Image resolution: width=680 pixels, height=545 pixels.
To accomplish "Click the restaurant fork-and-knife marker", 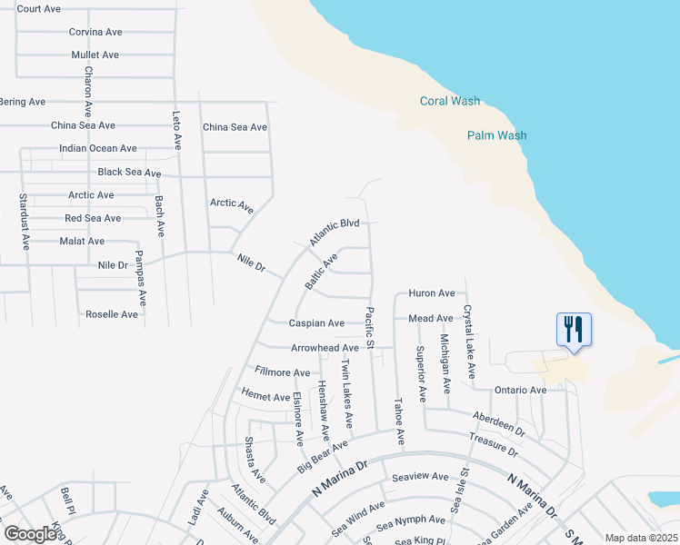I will (x=574, y=329).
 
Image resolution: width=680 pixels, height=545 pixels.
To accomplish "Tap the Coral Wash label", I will (x=450, y=101).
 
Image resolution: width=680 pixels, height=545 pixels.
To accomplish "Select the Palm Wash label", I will (x=496, y=135).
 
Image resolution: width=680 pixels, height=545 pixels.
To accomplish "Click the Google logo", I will (x=30, y=533).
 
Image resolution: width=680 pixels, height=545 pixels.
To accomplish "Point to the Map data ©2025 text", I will (x=641, y=538).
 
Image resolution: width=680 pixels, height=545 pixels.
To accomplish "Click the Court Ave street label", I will (x=39, y=8).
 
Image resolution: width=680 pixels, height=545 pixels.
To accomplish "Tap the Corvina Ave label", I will (x=95, y=32).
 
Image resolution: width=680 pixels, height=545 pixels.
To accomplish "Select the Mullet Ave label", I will (x=95, y=54).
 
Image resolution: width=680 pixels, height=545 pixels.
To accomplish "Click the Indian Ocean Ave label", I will (x=98, y=148).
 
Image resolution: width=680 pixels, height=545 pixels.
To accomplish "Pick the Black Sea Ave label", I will (x=129, y=173).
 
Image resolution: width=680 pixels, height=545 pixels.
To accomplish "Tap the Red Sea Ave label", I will (x=93, y=218).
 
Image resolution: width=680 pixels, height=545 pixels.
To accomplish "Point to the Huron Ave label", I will (x=431, y=293).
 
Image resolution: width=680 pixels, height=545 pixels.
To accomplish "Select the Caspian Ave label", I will (x=316, y=322).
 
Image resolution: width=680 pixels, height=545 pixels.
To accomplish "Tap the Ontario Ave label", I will (x=520, y=390).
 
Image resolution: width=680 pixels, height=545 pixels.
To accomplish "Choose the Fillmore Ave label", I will (x=283, y=372).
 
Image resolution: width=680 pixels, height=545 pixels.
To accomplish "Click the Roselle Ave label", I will (x=112, y=314).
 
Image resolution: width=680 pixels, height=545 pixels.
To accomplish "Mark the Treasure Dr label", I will (x=494, y=445).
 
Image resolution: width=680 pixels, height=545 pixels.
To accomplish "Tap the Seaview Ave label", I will (x=420, y=476).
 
